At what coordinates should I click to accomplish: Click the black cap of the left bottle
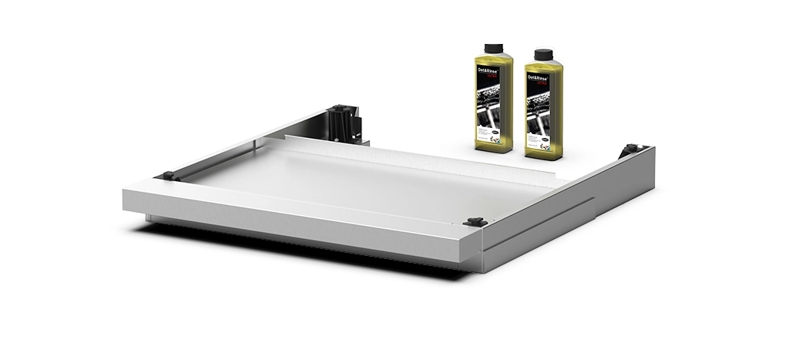(x=493, y=48)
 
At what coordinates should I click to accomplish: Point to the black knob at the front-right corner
(x=474, y=222)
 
